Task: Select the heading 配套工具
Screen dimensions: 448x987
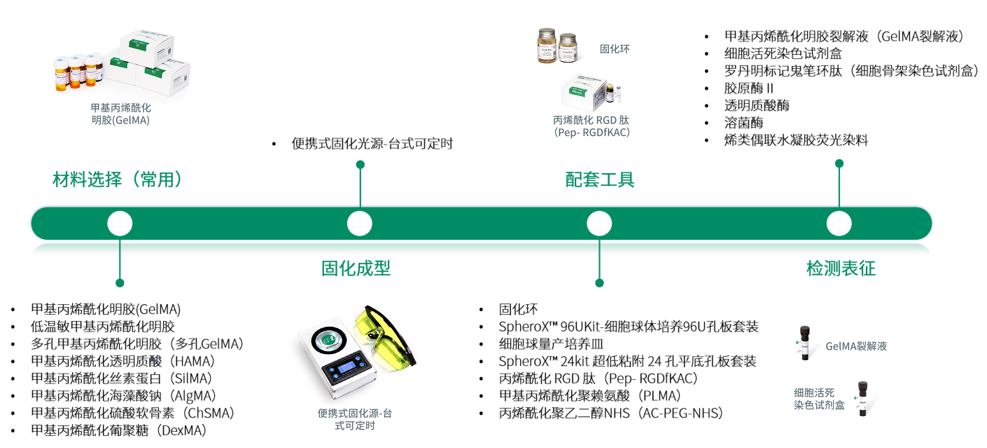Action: pos(600,180)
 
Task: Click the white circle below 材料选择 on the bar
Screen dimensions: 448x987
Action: pos(120,223)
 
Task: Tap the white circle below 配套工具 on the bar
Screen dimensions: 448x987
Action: pos(599,223)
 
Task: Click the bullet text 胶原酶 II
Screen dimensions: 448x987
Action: pos(748,88)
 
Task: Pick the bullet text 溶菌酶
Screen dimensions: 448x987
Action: pos(743,123)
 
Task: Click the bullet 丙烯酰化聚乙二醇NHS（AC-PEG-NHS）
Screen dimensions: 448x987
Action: pos(610,413)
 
